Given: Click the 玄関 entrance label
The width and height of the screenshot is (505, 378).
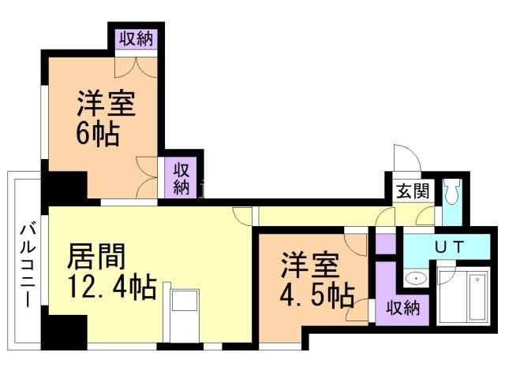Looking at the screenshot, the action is click(413, 191).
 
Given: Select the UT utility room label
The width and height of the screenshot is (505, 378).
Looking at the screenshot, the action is click(450, 246).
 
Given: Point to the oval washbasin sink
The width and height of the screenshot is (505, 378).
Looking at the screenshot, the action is click(416, 278).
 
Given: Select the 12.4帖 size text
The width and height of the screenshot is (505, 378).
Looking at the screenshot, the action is click(112, 287).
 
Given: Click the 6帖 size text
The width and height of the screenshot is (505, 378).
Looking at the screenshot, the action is click(98, 134).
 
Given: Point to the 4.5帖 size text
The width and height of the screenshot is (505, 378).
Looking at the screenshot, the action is click(317, 295).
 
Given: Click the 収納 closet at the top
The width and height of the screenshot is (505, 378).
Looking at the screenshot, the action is click(137, 39).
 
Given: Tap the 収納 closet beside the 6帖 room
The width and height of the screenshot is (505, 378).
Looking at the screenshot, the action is click(181, 178).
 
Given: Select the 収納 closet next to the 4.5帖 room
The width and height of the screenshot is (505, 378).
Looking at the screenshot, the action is click(403, 307).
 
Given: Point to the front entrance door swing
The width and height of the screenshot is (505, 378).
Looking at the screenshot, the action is click(407, 158).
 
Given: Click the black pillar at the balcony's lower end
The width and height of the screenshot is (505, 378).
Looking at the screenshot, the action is click(64, 331).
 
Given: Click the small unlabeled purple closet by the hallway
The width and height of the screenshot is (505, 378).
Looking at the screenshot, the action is click(386, 244).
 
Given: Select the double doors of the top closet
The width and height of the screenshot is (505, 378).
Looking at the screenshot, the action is click(137, 67).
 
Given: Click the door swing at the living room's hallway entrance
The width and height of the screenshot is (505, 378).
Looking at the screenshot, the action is click(242, 216).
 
